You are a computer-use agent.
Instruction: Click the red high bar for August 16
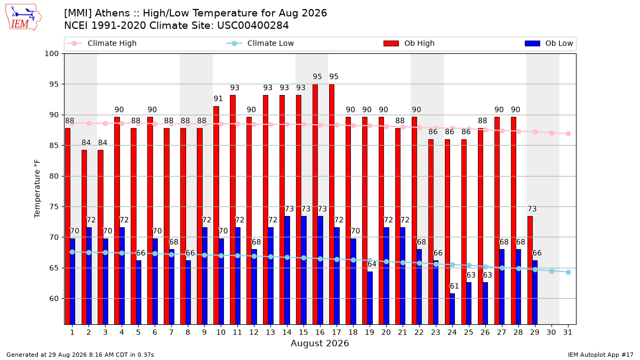pos(315,204)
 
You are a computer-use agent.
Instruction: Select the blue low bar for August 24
pos(452,309)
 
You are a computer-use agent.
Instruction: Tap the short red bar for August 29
pos(530,270)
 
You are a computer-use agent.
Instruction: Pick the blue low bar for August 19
pos(370,298)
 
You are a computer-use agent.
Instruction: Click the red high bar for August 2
pos(84,237)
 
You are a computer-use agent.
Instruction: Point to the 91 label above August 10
pos(218,99)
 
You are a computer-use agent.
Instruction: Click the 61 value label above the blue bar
pos(454,286)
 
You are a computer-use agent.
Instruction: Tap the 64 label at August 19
pos(372,264)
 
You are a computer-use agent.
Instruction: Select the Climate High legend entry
pos(101,43)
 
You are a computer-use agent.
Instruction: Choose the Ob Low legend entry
pos(549,43)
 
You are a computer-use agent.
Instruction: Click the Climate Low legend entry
pos(260,43)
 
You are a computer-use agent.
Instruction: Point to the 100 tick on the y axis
pos(51,54)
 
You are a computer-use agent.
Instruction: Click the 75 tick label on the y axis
pos(54,206)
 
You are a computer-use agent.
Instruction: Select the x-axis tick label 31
pos(567,332)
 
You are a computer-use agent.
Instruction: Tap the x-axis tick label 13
pos(270,332)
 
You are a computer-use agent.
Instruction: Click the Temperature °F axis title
pos(37,189)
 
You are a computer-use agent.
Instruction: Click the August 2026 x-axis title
pos(319,343)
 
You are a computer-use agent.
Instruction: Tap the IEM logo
pos(23,18)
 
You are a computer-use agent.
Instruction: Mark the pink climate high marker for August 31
pos(568,133)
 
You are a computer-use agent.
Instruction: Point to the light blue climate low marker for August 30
pos(551,271)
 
